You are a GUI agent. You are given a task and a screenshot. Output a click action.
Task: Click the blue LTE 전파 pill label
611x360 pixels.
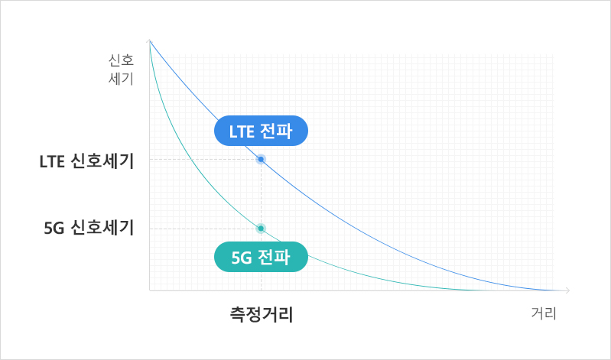[261, 131]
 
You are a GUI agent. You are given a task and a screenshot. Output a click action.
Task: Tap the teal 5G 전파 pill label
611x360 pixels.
[261, 257]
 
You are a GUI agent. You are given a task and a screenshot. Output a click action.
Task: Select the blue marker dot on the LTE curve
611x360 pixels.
[261, 159]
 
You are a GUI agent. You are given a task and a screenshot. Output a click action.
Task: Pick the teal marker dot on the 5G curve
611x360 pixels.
[261, 229]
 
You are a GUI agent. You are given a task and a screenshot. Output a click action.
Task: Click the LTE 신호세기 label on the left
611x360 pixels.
[87, 161]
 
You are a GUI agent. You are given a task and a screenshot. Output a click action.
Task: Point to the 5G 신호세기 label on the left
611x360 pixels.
[89, 228]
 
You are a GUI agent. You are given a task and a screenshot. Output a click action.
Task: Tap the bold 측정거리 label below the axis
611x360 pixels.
[262, 314]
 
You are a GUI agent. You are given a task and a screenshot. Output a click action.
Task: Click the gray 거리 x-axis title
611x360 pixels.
[544, 313]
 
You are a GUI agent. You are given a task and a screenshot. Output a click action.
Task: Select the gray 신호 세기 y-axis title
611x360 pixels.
[121, 70]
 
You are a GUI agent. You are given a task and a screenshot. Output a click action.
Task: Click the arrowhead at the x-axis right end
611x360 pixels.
[567, 290]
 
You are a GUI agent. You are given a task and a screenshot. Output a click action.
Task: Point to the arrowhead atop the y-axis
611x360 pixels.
[150, 41]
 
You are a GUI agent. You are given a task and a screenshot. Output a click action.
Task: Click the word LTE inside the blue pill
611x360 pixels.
[242, 131]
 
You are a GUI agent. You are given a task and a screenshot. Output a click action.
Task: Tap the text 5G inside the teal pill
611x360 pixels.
[241, 258]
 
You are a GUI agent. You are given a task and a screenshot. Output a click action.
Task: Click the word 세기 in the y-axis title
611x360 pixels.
[121, 79]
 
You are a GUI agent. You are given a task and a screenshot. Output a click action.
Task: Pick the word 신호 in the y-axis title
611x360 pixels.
[121, 60]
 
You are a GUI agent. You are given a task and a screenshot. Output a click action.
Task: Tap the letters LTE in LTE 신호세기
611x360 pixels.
[52, 162]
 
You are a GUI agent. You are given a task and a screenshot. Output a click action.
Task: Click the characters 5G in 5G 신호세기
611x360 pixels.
[54, 229]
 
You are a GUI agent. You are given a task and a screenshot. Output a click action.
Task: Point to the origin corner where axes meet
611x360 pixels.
[150, 290]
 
